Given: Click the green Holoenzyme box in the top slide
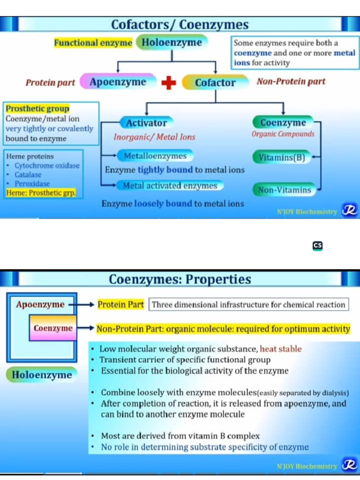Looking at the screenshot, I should [x=172, y=43].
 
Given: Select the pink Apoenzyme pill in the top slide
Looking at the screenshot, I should [x=118, y=82].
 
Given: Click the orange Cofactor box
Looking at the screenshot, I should [x=215, y=83].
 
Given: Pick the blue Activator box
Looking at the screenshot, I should [x=146, y=123].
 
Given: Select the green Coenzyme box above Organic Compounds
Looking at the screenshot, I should [x=283, y=123].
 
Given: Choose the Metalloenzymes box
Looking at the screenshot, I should [x=155, y=156].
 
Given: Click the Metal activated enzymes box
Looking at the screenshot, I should [x=170, y=186].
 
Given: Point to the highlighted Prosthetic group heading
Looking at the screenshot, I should [x=37, y=109].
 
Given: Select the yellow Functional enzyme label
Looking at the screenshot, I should [x=93, y=43].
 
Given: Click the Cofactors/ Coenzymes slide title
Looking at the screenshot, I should [x=180, y=24].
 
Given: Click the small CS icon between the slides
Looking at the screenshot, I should [x=317, y=246].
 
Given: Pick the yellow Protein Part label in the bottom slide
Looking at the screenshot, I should [x=120, y=305].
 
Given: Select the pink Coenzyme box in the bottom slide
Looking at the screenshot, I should [x=53, y=328].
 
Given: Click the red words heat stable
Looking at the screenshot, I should [x=281, y=349].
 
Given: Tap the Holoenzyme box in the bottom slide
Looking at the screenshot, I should [x=42, y=375].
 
